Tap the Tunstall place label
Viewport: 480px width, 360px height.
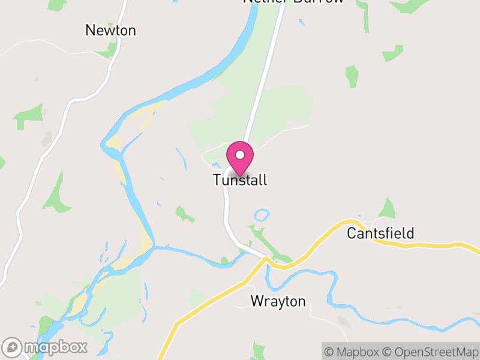pyautogui.click(x=240, y=179)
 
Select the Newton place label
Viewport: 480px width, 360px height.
pyautogui.click(x=111, y=30)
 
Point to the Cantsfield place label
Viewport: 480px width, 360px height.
pyautogui.click(x=380, y=233)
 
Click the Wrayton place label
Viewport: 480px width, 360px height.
pyautogui.click(x=278, y=301)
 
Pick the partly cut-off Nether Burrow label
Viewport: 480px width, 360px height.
pyautogui.click(x=293, y=2)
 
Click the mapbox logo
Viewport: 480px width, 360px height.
pyautogui.click(x=46, y=347)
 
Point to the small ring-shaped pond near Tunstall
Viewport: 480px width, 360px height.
pyautogui.click(x=262, y=215)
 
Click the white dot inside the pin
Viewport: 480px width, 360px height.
pyautogui.click(x=240, y=155)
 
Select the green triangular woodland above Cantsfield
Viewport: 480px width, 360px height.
pyautogui.click(x=388, y=209)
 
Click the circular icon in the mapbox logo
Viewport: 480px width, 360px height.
pyautogui.click(x=13, y=347)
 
